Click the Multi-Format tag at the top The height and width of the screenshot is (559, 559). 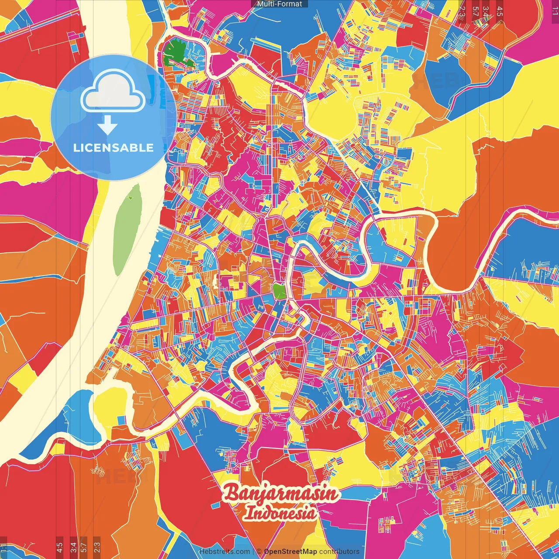(279, 4)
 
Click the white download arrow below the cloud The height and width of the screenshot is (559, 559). (107, 125)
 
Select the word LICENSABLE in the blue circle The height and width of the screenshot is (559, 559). (114, 148)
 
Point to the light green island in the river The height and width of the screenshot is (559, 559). (127, 230)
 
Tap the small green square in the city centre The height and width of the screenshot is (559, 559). (279, 291)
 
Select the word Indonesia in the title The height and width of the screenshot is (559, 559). (280, 513)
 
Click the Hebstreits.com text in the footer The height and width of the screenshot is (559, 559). (224, 552)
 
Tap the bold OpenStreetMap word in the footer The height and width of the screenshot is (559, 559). (290, 552)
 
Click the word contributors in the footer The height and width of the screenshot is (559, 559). (339, 552)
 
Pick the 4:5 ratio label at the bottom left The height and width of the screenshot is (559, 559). (59, 547)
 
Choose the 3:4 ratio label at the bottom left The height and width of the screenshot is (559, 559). (73, 547)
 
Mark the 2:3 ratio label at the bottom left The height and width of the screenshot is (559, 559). (97, 547)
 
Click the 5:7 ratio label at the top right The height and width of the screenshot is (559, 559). (476, 11)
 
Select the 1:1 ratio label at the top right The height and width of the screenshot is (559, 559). (555, 11)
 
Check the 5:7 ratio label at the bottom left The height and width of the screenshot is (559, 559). (84, 547)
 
